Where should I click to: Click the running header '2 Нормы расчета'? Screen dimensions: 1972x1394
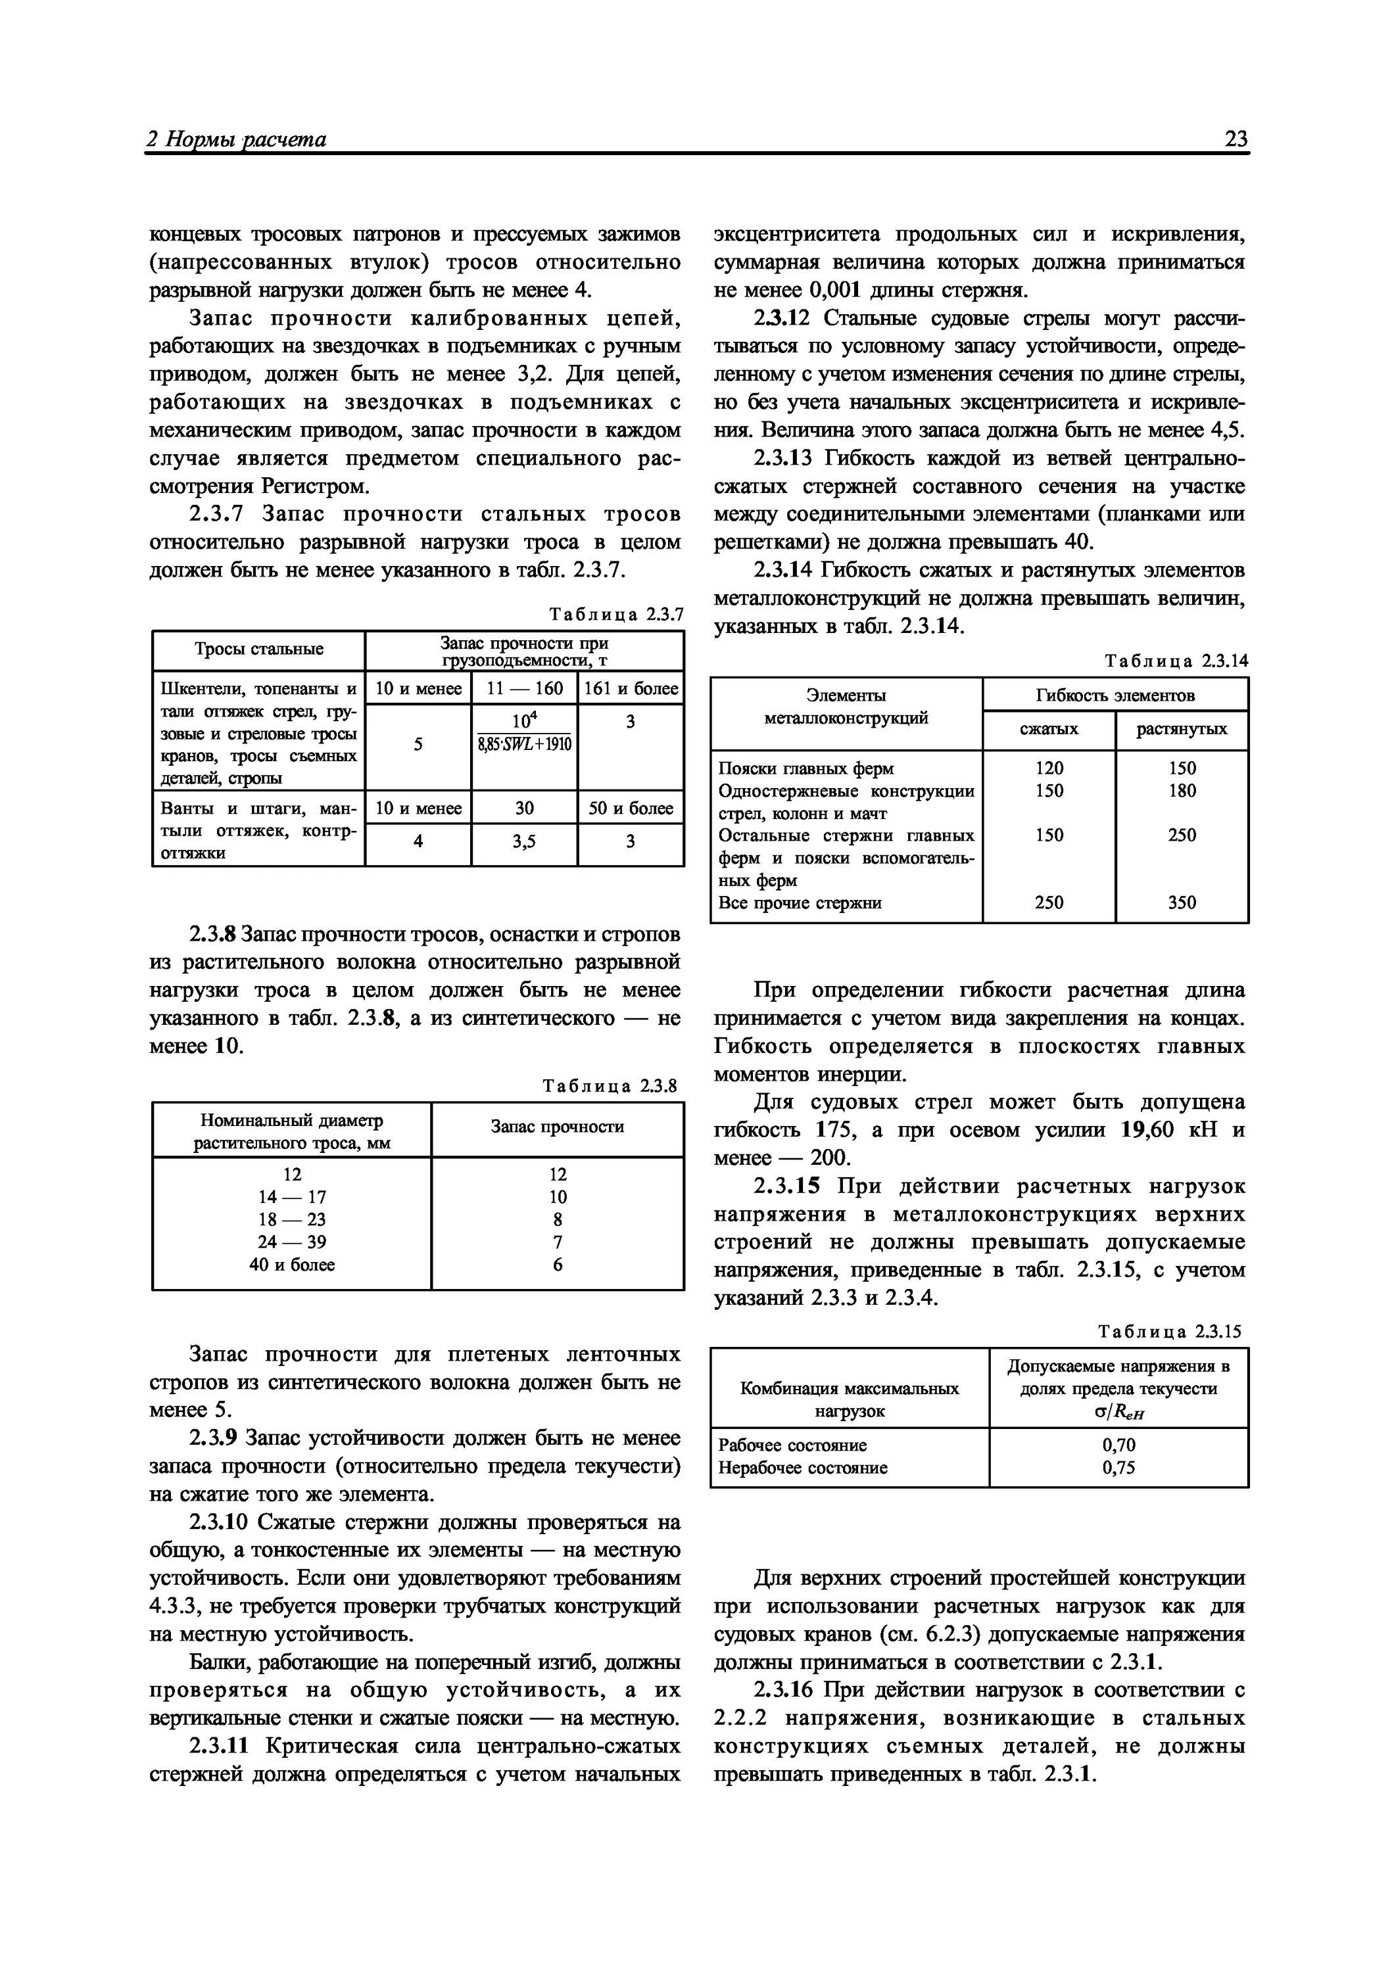(x=236, y=139)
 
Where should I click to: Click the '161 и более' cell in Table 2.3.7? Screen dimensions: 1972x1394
(x=631, y=688)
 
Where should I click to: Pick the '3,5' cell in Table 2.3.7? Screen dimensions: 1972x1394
(x=524, y=843)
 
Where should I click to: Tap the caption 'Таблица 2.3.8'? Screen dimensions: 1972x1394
(x=610, y=1086)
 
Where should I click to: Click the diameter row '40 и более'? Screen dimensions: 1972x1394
(x=292, y=1264)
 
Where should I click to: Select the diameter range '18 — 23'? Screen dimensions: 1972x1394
(x=292, y=1219)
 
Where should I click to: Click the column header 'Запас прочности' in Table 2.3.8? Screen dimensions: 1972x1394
(x=558, y=1126)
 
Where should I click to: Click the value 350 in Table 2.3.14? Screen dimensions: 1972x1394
(x=1182, y=902)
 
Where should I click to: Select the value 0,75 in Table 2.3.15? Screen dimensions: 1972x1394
(x=1118, y=1468)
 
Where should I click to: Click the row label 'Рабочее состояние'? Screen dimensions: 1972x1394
(x=792, y=1445)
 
